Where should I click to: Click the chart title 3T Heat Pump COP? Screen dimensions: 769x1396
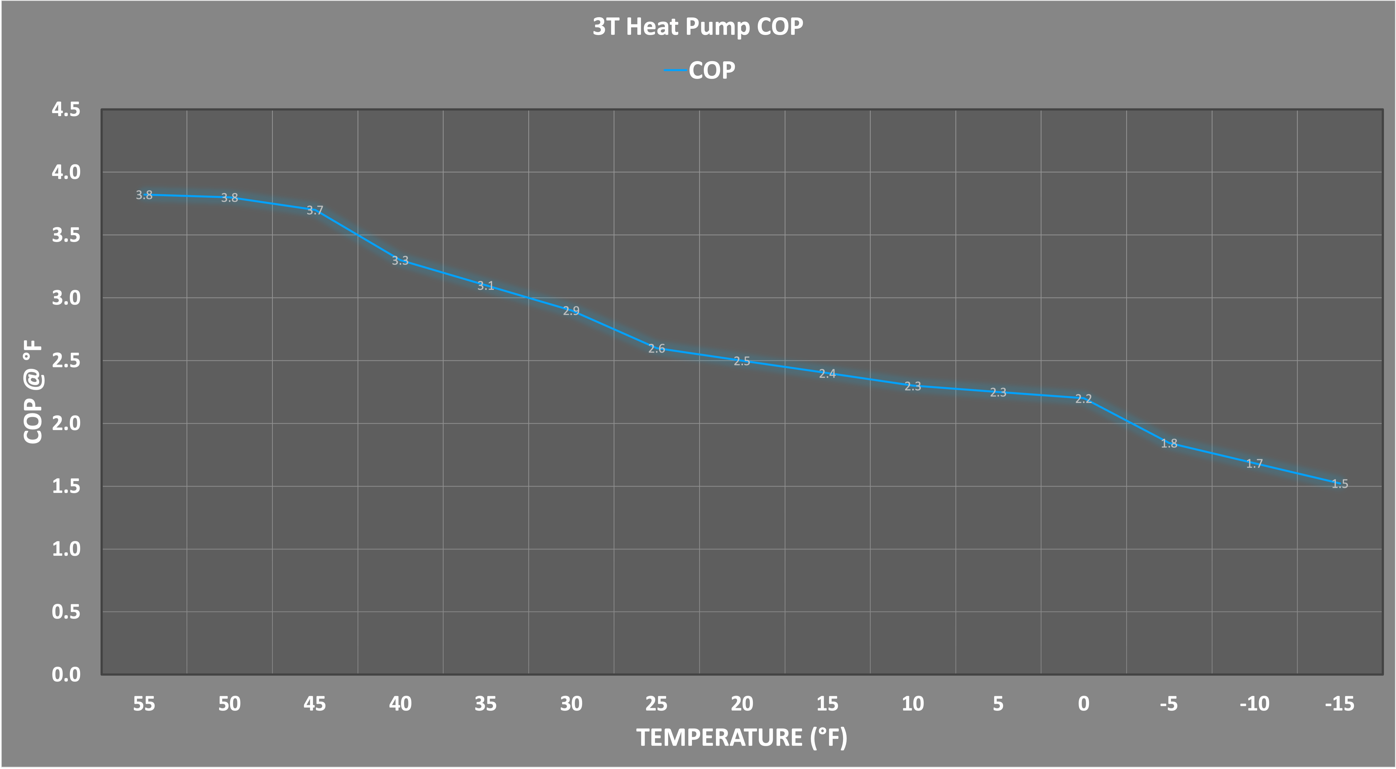pos(697,27)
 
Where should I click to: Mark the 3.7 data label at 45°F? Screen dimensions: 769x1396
pos(315,210)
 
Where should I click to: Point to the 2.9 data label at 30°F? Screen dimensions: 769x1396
pos(571,311)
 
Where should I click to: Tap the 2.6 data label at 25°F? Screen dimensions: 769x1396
pos(656,348)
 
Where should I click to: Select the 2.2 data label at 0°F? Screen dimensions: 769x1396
pos(1083,399)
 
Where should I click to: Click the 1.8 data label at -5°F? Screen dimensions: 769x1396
pos(1169,443)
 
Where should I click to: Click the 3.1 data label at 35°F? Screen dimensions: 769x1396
pos(485,286)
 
